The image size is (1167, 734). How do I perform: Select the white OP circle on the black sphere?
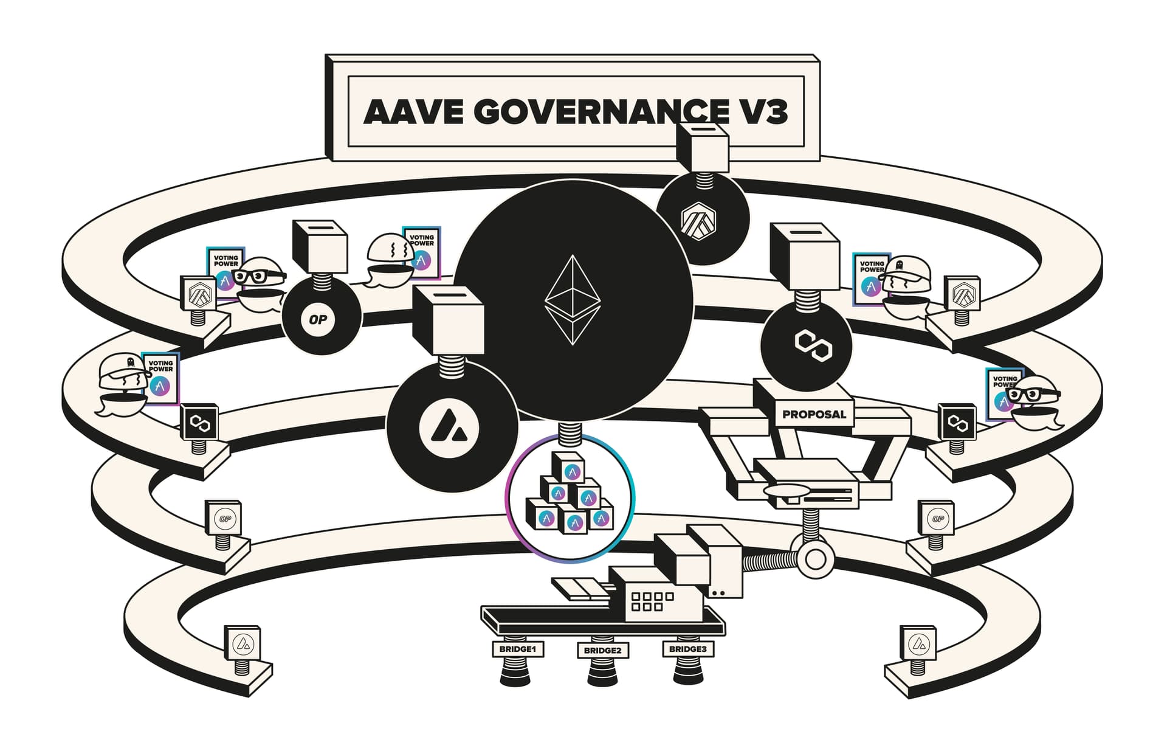(x=318, y=319)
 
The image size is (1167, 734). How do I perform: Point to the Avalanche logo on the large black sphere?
(x=449, y=426)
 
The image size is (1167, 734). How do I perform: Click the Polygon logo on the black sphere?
(x=813, y=345)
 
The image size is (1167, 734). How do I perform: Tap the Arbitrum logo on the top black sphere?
(x=698, y=220)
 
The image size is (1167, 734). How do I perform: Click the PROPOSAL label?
(x=814, y=415)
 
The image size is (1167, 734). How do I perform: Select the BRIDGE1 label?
(x=517, y=649)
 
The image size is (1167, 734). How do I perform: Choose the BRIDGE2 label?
(x=602, y=651)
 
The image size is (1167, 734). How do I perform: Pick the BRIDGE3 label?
(x=687, y=649)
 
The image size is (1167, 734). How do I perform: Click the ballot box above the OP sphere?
(x=320, y=246)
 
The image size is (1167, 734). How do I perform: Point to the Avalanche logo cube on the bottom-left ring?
(x=243, y=643)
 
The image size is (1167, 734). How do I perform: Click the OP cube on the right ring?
(x=937, y=518)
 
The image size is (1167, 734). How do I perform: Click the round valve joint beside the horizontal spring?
(x=815, y=558)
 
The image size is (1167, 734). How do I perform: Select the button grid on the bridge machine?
(x=652, y=601)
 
